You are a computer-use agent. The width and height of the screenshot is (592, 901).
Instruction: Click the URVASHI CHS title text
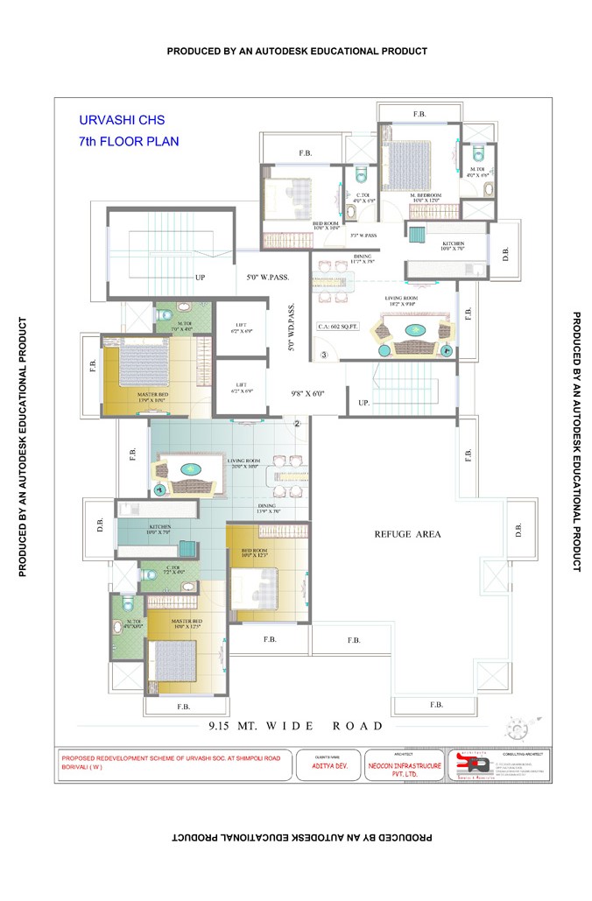tap(122, 119)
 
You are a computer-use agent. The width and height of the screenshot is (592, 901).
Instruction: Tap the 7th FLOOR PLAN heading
tap(128, 140)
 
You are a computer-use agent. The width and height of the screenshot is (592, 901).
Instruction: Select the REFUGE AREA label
tap(407, 533)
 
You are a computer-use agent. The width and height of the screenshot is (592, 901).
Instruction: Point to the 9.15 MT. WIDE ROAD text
tap(295, 726)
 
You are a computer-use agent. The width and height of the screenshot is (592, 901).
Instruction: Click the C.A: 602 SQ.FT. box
tap(338, 327)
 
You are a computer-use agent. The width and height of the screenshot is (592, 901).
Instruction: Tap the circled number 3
tap(323, 355)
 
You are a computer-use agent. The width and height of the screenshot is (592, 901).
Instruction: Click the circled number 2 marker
tap(297, 424)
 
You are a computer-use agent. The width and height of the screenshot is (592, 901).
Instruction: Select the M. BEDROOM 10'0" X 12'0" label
tap(426, 198)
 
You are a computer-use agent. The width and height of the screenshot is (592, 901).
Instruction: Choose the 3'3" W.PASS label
tap(363, 236)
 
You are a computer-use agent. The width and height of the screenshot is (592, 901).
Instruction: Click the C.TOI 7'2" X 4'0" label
tap(173, 570)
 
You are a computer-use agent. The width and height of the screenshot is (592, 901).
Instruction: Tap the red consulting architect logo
tap(470, 765)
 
